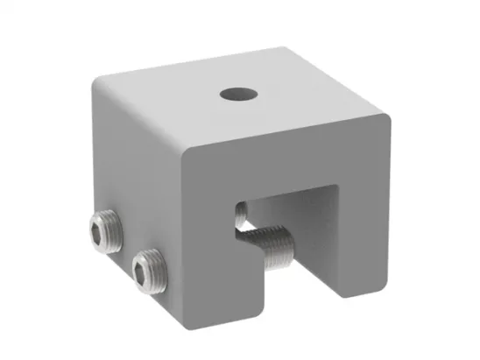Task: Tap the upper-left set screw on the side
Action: click(104, 230)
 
